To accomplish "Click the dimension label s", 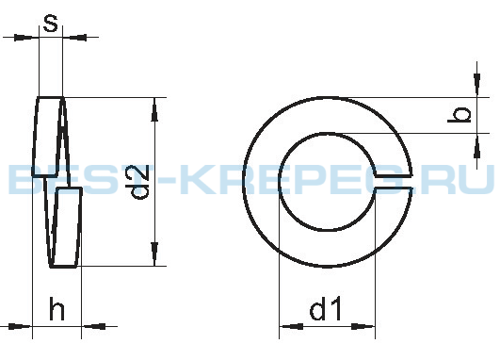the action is [x=51, y=24].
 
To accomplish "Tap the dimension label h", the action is [x=56, y=308].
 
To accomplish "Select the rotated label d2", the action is [x=140, y=182].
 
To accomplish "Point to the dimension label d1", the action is [x=326, y=308].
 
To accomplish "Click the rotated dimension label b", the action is [x=460, y=115].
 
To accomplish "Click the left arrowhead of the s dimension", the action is [x=23, y=38].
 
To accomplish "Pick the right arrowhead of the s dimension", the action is [x=78, y=38].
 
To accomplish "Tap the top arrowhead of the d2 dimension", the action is [x=154, y=109].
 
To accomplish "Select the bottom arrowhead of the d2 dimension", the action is [x=154, y=254].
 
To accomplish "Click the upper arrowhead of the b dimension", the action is [x=477, y=84].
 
